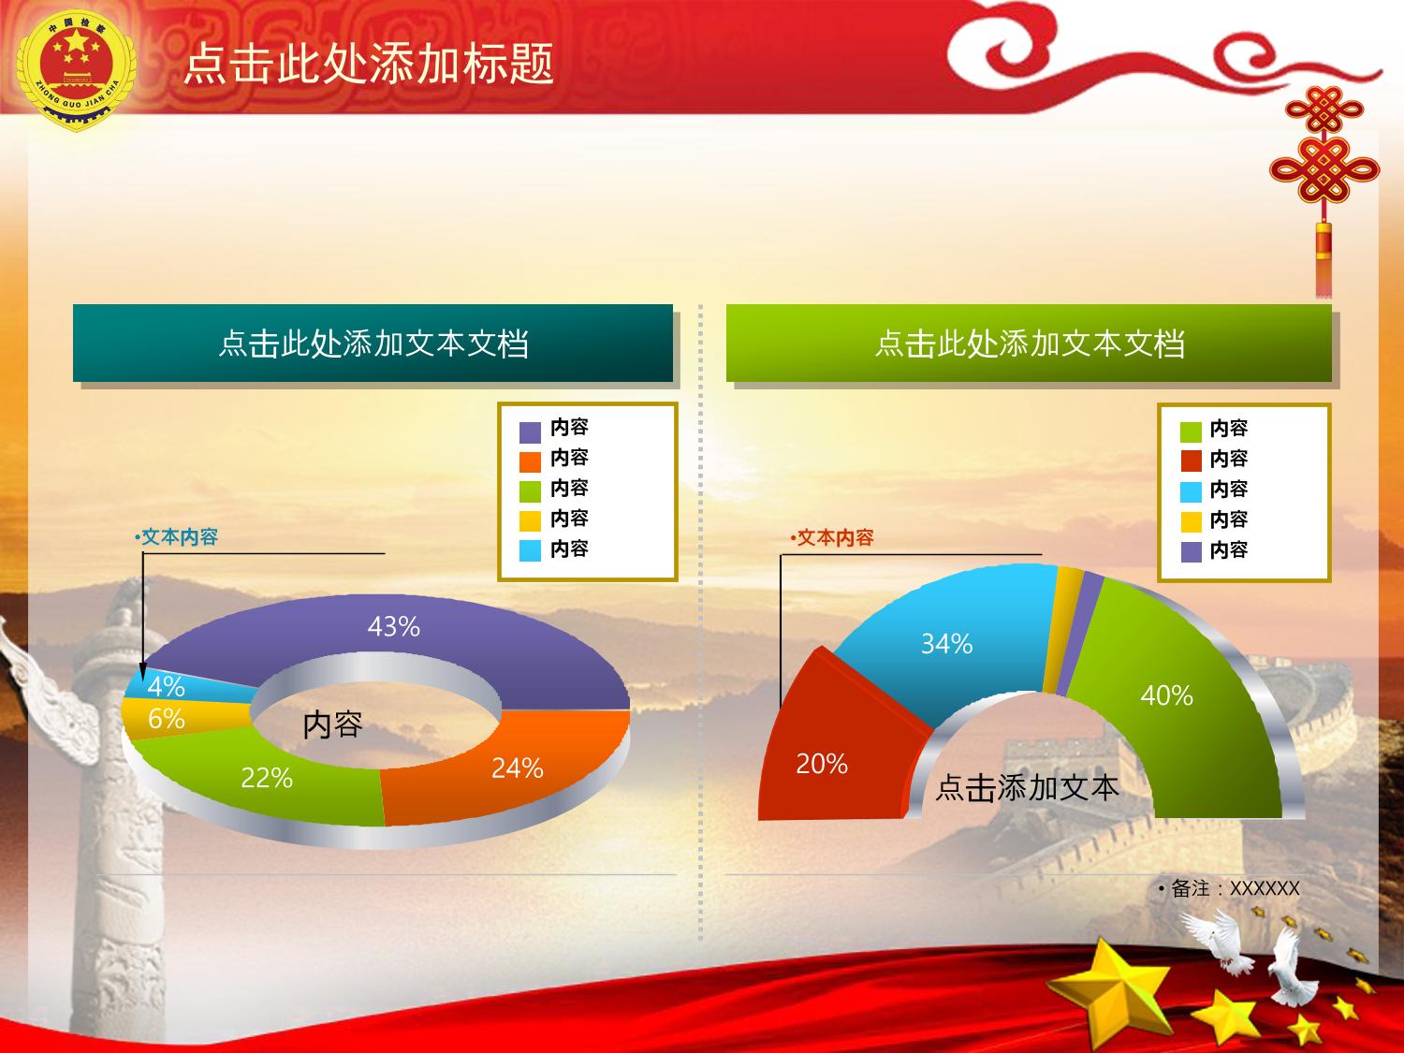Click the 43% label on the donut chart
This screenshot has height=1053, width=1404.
(x=393, y=626)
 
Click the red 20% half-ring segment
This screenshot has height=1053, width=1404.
(x=831, y=748)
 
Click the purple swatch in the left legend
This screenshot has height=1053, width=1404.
(x=531, y=432)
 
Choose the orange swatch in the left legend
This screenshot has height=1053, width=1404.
(x=531, y=462)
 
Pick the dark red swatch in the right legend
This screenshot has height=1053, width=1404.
(x=1191, y=461)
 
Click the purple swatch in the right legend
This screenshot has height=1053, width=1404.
(x=1191, y=552)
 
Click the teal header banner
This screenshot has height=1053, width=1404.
(x=373, y=344)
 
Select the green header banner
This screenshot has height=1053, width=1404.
(x=1029, y=344)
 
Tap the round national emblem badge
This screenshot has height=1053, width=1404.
(x=76, y=70)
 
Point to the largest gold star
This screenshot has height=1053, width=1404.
(x=1113, y=987)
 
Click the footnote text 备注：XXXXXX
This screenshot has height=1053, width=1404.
(x=1229, y=888)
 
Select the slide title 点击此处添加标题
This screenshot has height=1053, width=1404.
(x=369, y=64)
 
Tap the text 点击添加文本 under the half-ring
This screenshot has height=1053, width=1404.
(x=1027, y=788)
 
